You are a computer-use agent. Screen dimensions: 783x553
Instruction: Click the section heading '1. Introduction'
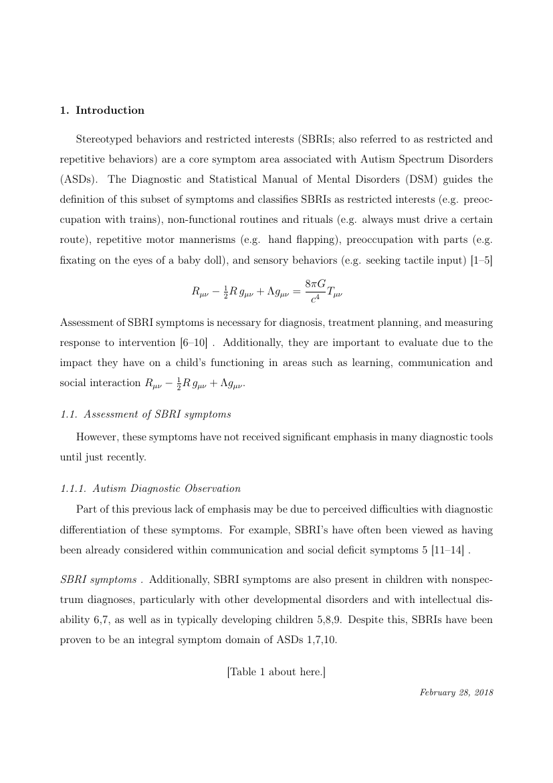(102, 110)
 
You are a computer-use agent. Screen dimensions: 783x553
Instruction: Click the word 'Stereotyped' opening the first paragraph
(105, 139)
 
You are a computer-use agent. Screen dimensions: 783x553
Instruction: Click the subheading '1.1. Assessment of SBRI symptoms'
(145, 414)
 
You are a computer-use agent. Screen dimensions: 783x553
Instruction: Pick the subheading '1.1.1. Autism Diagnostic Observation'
(150, 489)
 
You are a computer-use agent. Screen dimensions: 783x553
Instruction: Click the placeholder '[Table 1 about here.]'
(276, 672)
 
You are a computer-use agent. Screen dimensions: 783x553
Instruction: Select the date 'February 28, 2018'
(456, 693)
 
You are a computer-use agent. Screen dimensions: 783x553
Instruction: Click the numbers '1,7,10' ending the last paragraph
(320, 639)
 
